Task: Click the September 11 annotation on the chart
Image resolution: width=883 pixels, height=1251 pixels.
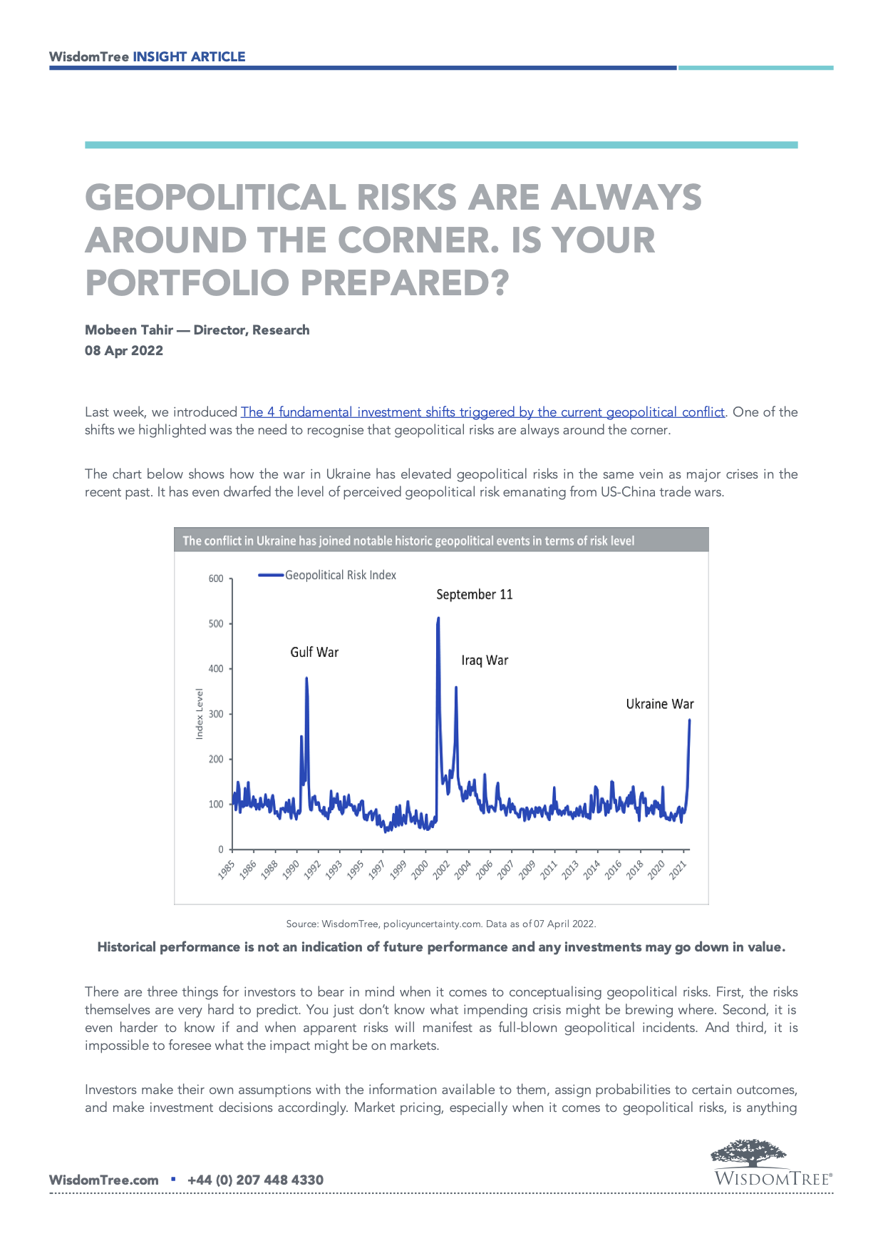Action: coord(474,594)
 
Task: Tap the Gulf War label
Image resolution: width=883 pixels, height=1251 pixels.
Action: coord(314,652)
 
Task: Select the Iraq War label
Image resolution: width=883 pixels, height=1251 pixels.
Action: coord(485,660)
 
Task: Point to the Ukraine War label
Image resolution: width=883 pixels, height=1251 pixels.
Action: coord(659,704)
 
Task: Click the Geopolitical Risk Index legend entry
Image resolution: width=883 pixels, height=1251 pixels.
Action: coord(340,575)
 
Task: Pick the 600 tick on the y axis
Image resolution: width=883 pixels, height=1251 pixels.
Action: coord(216,578)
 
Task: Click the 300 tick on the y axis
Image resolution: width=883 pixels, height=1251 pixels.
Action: coord(216,714)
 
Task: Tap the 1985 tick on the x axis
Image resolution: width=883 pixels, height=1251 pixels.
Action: coord(227,870)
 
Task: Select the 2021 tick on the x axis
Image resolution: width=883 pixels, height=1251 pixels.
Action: coord(678,870)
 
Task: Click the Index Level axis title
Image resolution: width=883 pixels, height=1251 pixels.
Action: coord(200,713)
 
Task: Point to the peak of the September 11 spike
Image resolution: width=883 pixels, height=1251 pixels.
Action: coord(438,618)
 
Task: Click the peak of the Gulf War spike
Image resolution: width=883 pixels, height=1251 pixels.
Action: coord(306,678)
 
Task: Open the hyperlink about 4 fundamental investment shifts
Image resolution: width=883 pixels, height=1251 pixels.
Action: coord(482,412)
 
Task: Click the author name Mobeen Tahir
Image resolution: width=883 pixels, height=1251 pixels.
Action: coord(129,330)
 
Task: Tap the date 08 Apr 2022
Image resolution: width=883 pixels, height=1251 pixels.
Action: coord(124,351)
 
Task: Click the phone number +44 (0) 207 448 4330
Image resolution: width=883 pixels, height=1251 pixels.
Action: coord(255,1180)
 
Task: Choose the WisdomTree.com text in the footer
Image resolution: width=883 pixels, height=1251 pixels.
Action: coord(103,1180)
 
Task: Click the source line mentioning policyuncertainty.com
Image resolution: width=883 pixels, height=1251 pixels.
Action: coord(440,924)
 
